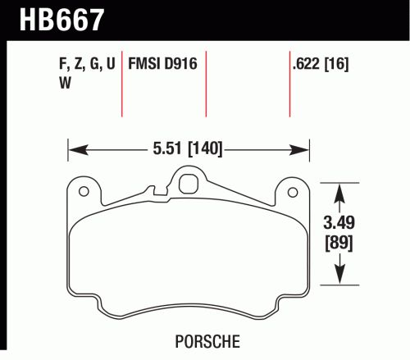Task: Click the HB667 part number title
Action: [61, 20]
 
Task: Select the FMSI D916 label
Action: [162, 64]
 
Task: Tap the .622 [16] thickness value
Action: [321, 64]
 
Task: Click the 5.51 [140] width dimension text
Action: [188, 148]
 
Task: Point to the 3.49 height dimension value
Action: [339, 222]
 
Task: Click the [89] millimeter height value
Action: [339, 242]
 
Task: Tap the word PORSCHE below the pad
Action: [207, 341]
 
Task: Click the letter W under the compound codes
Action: [65, 83]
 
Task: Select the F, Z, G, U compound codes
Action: [87, 64]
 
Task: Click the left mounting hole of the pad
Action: [84, 191]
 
